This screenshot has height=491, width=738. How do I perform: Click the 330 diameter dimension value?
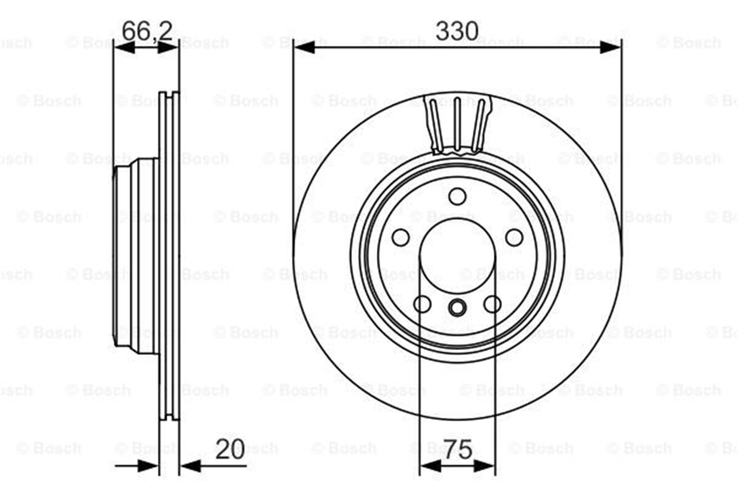pyautogui.click(x=456, y=31)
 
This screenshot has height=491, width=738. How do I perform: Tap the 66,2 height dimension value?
pyautogui.click(x=146, y=31)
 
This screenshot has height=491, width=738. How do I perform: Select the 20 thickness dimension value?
pyautogui.click(x=230, y=449)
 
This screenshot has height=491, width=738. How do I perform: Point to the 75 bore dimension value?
pyautogui.click(x=458, y=450)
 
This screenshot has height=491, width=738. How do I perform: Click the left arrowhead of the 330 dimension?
pyautogui.click(x=304, y=46)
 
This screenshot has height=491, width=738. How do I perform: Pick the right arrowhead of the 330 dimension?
pyautogui.click(x=610, y=46)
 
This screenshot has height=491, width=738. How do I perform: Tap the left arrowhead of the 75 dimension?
pyautogui.click(x=430, y=466)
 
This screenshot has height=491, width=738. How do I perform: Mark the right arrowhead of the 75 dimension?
pyautogui.click(x=484, y=466)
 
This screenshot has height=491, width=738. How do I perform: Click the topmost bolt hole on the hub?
pyautogui.click(x=457, y=196)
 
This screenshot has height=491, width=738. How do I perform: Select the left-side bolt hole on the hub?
pyautogui.click(x=401, y=237)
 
